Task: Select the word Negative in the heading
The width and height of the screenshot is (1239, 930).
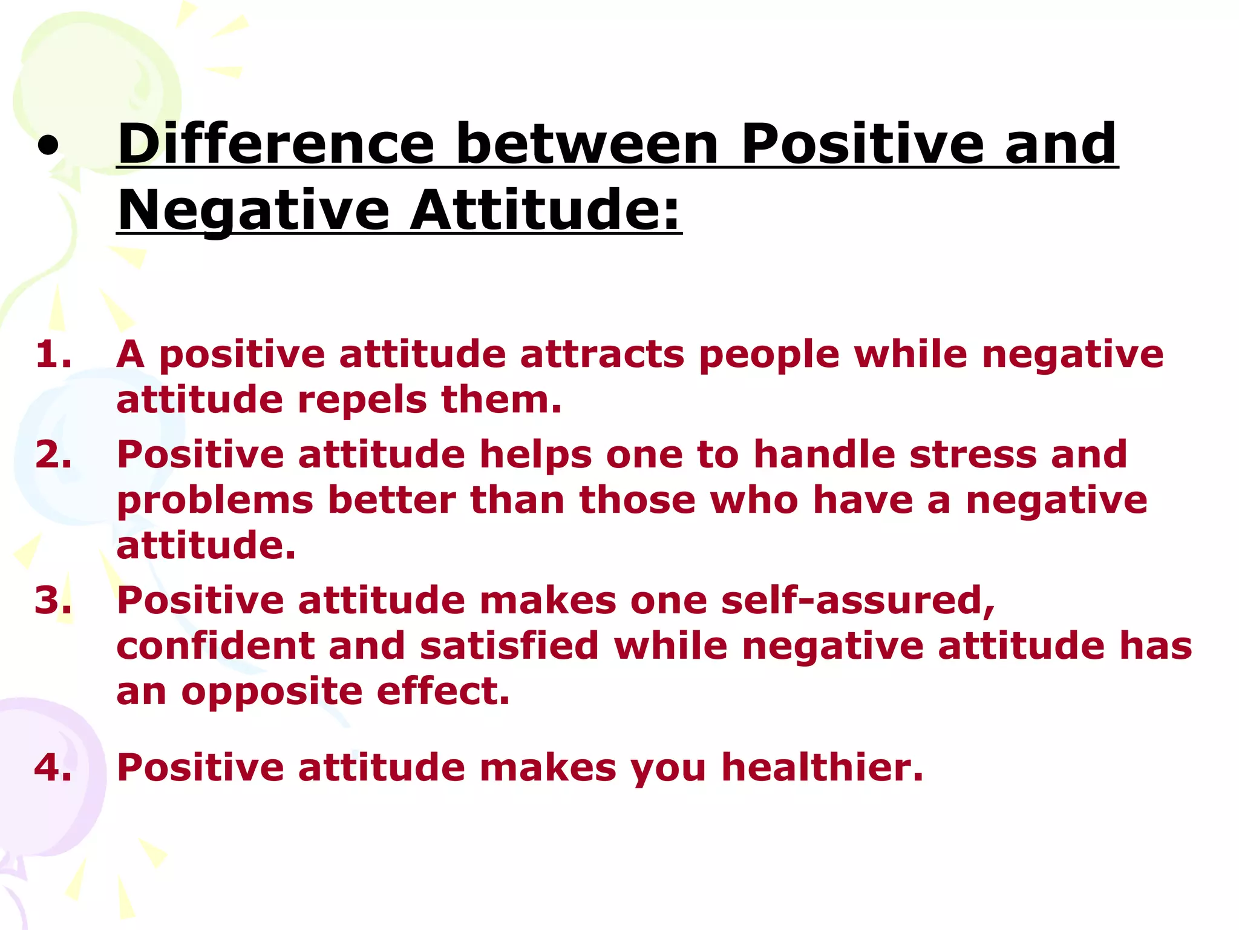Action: click(253, 211)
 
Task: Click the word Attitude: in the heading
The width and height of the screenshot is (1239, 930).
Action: click(546, 211)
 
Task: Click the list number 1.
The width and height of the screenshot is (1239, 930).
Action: click(53, 354)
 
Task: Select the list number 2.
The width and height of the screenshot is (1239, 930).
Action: click(53, 455)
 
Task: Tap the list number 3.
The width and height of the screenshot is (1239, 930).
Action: click(53, 601)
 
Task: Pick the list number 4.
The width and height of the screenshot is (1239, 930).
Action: click(53, 768)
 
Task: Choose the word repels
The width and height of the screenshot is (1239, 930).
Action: click(362, 400)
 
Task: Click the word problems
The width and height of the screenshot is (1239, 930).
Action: click(215, 501)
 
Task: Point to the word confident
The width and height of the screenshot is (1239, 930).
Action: click(215, 646)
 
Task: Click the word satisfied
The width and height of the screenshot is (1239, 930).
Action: click(509, 646)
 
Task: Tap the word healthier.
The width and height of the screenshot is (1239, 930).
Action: click(822, 768)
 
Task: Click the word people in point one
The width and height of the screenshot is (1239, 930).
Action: click(769, 355)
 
